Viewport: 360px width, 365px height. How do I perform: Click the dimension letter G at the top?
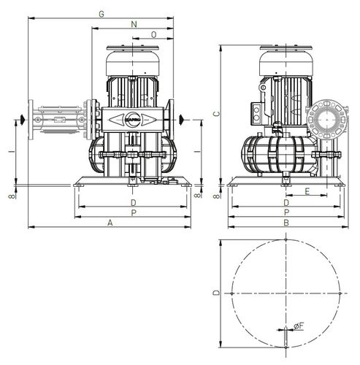coord(102,14)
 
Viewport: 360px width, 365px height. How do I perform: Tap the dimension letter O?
coord(153,34)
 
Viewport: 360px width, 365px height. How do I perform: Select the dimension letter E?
coord(307,191)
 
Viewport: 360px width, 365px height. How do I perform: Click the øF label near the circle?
coord(299,325)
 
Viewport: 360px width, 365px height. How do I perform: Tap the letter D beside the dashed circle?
coord(214,293)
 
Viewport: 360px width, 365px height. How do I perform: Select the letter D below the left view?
coord(133,201)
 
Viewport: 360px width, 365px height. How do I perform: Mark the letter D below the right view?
coord(286,201)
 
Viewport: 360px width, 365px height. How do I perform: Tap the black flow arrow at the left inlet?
coord(24,119)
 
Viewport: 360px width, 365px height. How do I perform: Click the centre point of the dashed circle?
coord(286,293)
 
